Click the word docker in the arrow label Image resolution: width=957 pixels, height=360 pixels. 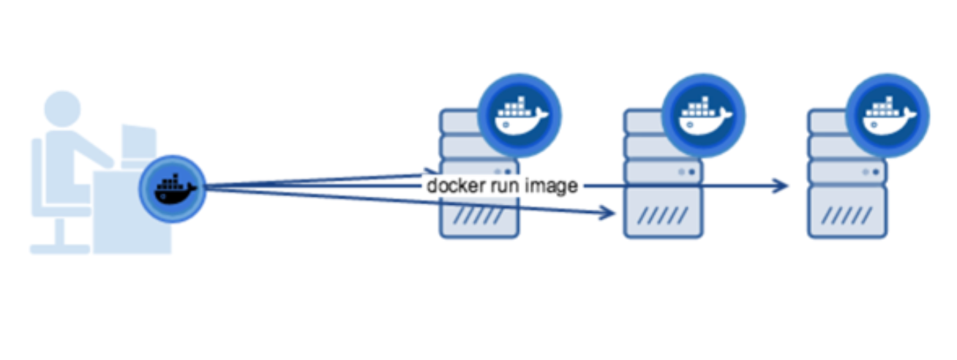[x=451, y=186]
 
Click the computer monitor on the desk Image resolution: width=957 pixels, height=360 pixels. [x=138, y=143]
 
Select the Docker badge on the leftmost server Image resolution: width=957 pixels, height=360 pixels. [x=519, y=113]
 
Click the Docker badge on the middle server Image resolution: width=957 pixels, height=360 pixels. [x=703, y=113]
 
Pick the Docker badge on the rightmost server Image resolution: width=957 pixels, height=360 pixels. [x=887, y=113]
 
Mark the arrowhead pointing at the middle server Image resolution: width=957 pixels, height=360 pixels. [x=606, y=213]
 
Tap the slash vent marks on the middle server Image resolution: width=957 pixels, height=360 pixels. [x=662, y=216]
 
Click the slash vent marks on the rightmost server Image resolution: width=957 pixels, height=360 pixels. [x=847, y=216]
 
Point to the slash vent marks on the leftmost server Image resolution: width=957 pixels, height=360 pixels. [x=478, y=216]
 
